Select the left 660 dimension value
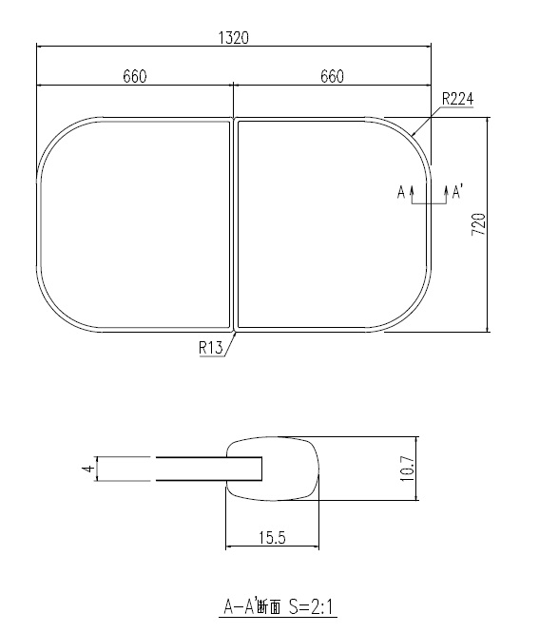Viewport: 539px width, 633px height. point(134,77)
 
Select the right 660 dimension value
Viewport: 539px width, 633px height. point(332,77)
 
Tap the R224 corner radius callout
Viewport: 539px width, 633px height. point(457,99)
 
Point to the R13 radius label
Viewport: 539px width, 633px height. point(210,348)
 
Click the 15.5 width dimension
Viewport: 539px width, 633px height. point(272,538)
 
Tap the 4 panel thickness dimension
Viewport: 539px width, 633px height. point(86,469)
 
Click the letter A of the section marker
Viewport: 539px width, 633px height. point(401,193)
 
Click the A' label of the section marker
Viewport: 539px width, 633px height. point(456,193)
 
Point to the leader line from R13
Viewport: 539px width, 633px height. point(230,339)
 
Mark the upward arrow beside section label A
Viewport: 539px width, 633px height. point(412,195)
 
